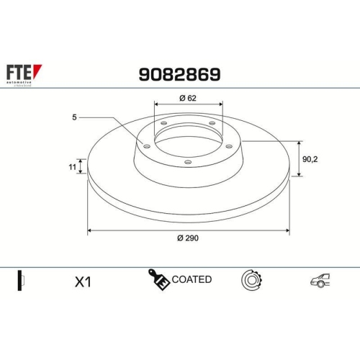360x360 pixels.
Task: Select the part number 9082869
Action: click(179, 74)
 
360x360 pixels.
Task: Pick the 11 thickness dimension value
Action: click(72, 167)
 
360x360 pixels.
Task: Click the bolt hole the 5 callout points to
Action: click(147, 146)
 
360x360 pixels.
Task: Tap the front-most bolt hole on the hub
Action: click(187, 162)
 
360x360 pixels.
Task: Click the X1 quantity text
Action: click(84, 282)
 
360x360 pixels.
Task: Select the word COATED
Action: click(192, 279)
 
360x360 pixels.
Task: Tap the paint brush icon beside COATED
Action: click(159, 280)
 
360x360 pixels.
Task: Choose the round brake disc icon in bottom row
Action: click(253, 280)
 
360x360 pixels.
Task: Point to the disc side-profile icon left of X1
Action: click(21, 281)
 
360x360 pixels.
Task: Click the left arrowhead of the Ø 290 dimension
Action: click(90, 230)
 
